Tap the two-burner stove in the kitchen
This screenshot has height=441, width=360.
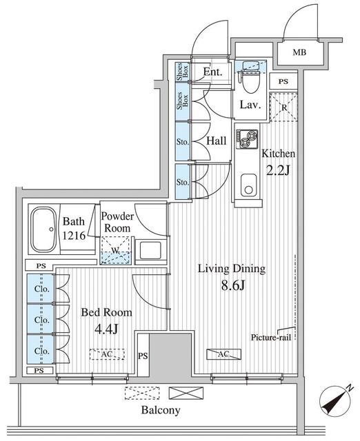click(247, 139)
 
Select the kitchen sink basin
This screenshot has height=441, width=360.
click(248, 185)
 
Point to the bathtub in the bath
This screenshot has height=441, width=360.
click(43, 229)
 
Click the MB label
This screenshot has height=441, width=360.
click(299, 52)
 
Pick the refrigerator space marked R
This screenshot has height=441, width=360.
click(283, 107)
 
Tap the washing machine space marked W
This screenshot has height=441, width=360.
click(116, 250)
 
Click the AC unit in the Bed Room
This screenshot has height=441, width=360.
click(107, 354)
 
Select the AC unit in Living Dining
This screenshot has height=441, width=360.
click(223, 354)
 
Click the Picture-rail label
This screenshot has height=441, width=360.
click(271, 337)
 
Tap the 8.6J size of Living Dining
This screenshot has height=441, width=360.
click(233, 285)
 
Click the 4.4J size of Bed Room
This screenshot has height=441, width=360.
click(106, 329)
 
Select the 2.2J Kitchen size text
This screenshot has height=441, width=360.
click(278, 170)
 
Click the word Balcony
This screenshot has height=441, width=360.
click(161, 410)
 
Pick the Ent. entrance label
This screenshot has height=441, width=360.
click(213, 72)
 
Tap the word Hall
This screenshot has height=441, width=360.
click(216, 141)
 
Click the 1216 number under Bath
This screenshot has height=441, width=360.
click(74, 236)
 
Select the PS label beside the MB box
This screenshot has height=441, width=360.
click(283, 81)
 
